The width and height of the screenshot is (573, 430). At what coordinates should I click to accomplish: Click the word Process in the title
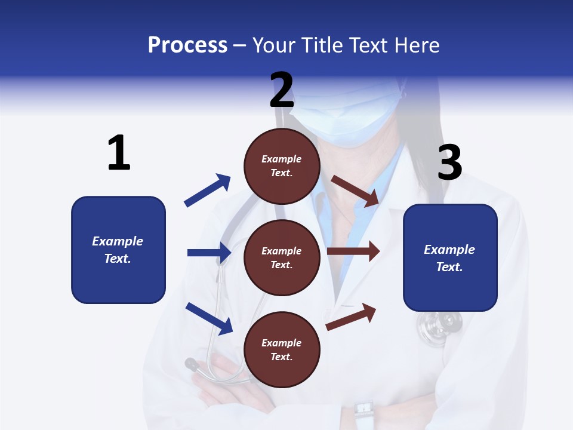[187, 45]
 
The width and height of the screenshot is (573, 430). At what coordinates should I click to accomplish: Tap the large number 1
[119, 153]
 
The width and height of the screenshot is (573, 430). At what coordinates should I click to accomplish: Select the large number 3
[449, 163]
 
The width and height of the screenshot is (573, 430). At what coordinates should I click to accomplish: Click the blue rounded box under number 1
[118, 250]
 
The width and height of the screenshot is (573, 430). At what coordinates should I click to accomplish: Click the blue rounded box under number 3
[450, 258]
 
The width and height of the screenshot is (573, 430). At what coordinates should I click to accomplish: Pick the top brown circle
[282, 166]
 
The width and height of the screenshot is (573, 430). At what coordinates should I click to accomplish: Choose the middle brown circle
[282, 257]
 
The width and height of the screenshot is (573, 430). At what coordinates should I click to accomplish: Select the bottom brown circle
[282, 349]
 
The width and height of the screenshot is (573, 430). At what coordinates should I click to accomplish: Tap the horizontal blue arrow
[209, 253]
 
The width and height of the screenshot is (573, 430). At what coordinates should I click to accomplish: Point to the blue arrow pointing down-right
[209, 318]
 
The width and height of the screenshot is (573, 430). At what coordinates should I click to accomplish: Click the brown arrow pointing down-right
[356, 191]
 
